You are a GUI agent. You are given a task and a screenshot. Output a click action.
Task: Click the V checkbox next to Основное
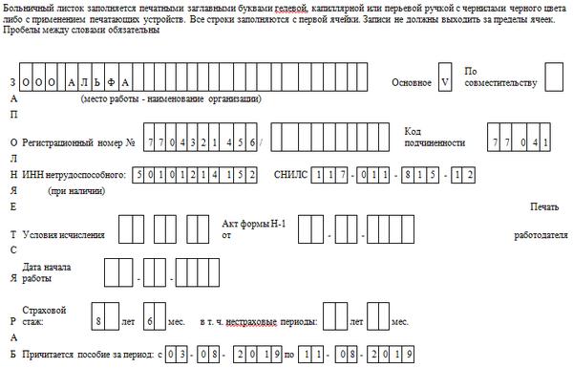(x=445, y=76)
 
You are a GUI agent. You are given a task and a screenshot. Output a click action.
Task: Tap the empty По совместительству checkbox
(x=554, y=76)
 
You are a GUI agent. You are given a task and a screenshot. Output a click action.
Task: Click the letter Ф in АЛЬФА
(x=111, y=82)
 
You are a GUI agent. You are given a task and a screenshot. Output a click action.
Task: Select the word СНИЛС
(x=291, y=175)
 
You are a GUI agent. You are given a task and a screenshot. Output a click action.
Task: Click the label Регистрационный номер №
(x=78, y=142)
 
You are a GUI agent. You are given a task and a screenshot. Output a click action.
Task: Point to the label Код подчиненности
(x=435, y=137)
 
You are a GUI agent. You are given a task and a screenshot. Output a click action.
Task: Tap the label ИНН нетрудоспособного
(x=74, y=175)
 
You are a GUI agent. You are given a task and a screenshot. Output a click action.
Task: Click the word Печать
(x=544, y=206)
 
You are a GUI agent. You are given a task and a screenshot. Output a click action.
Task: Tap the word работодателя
(x=541, y=235)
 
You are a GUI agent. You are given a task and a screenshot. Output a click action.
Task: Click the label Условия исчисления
(x=64, y=235)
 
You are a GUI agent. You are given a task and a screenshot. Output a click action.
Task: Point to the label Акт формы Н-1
(x=254, y=224)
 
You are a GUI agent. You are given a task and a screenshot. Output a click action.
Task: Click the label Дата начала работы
(x=47, y=272)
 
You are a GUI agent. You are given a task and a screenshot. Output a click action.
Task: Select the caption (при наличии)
(x=76, y=190)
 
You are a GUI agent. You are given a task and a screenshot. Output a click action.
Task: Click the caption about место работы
(x=171, y=98)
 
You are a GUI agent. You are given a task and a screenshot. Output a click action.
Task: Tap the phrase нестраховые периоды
(x=271, y=322)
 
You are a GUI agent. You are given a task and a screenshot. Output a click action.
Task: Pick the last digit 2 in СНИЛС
(x=470, y=175)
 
